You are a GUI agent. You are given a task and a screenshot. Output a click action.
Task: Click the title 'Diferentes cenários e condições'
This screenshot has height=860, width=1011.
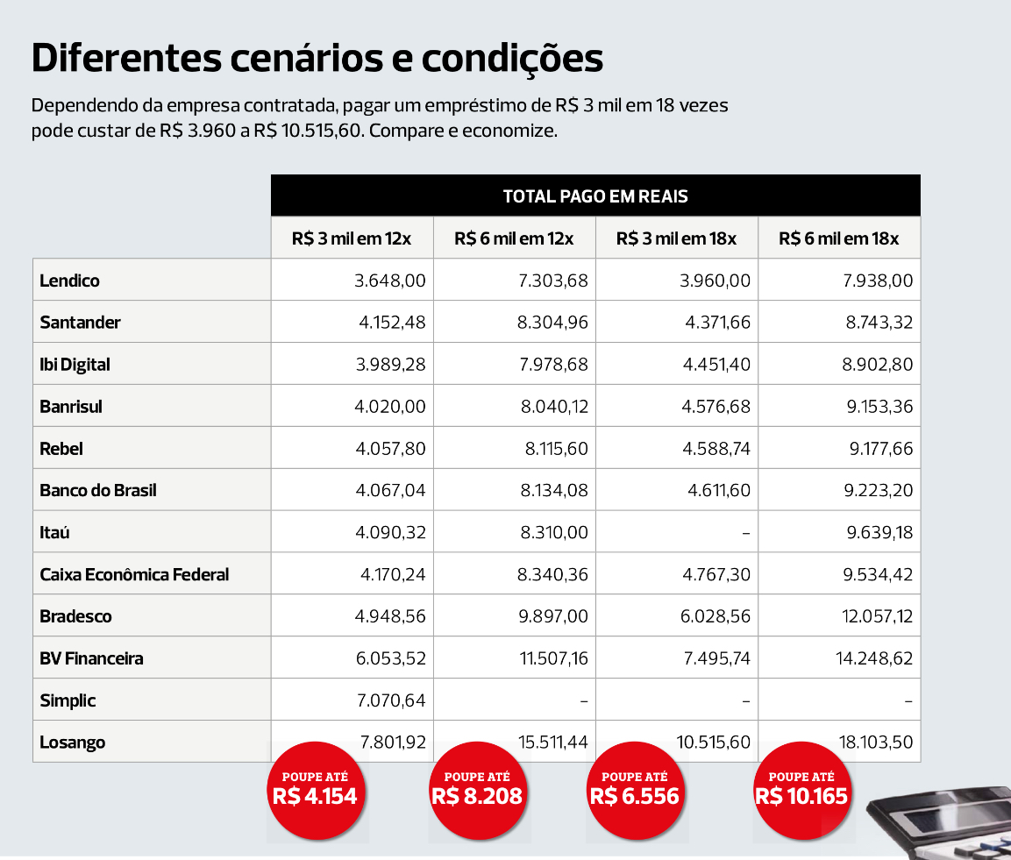click(317, 59)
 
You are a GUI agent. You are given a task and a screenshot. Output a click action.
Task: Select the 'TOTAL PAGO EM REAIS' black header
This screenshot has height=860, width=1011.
click(595, 196)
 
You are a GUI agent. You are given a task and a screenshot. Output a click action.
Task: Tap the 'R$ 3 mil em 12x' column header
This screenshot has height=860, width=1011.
click(352, 238)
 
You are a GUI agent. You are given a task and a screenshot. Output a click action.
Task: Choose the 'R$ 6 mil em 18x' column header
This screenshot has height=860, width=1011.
click(838, 238)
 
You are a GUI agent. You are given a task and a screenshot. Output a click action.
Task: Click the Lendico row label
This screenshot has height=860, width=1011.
click(70, 281)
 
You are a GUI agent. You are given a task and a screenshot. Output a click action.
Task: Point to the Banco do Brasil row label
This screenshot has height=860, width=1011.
click(98, 491)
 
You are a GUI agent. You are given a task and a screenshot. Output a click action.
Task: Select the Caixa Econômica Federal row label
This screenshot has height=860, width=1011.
click(134, 575)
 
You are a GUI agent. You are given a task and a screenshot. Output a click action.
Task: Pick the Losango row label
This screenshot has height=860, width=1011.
click(73, 743)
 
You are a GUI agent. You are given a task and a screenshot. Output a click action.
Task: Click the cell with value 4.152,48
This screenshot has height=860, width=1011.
click(391, 323)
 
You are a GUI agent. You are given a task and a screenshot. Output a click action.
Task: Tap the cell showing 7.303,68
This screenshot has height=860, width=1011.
click(552, 281)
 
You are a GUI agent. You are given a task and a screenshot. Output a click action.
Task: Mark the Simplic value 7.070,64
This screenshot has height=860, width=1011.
click(391, 700)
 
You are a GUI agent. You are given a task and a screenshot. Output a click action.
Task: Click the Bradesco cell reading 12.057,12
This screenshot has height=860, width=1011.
click(877, 616)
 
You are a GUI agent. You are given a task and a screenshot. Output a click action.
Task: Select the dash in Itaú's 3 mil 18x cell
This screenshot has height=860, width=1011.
click(745, 533)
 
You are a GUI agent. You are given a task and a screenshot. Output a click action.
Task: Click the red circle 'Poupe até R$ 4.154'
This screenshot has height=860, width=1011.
click(315, 789)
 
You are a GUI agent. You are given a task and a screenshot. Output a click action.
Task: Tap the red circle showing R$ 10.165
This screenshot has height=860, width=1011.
click(801, 789)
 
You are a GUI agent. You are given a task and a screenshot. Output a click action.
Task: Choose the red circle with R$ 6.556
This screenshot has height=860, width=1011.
click(635, 789)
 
